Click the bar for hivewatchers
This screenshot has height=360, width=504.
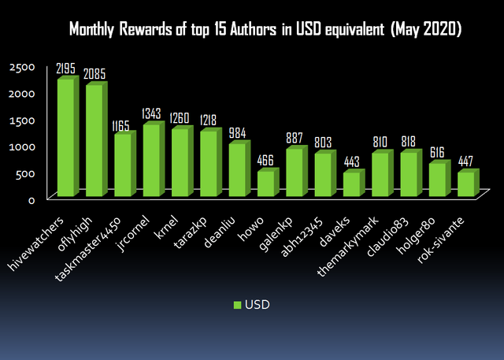66,138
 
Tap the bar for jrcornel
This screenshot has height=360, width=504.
152,161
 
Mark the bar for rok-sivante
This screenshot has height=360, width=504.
465,184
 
